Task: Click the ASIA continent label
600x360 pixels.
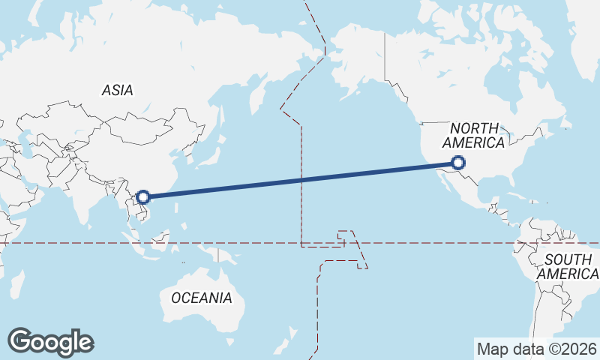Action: pos(118,90)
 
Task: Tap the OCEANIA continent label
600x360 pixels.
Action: pos(202,298)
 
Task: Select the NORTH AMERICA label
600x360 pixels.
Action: pos(474,136)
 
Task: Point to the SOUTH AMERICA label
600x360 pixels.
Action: pos(571,266)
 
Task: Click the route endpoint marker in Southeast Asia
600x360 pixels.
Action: pos(144,198)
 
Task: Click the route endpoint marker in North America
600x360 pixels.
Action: pos(459,162)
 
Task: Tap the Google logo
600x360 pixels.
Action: pos(50,342)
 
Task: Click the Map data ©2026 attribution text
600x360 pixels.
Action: pos(537,349)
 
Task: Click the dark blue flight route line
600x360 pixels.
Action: pos(300,180)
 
